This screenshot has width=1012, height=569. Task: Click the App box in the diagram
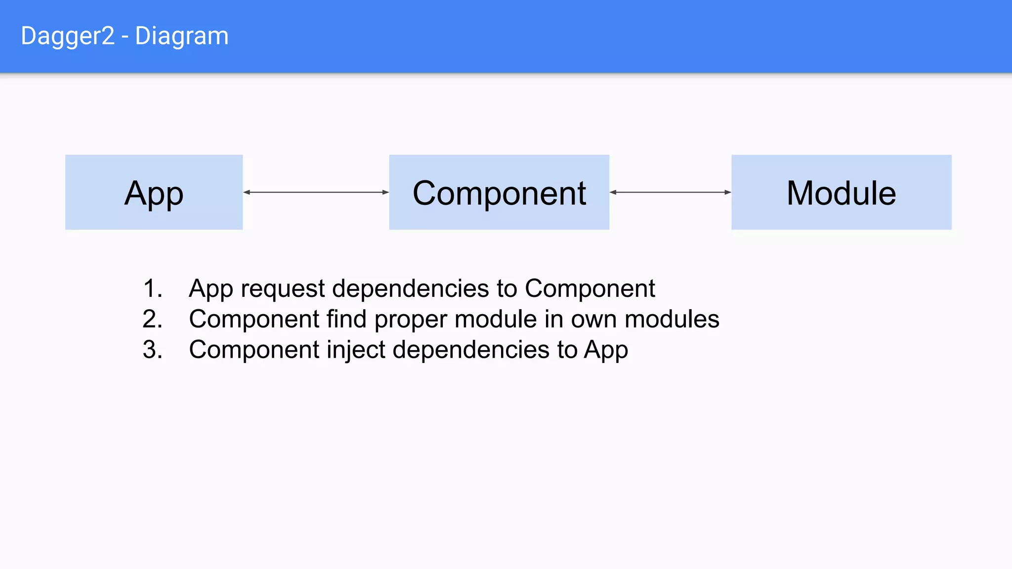pyautogui.click(x=154, y=192)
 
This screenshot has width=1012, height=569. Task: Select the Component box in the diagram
pyautogui.click(x=499, y=192)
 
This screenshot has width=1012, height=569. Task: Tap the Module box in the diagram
pyautogui.click(x=841, y=192)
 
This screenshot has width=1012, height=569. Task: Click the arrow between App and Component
pyautogui.click(x=316, y=192)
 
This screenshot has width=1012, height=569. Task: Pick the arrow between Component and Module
pyautogui.click(x=670, y=192)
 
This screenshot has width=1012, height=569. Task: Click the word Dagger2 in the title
pyautogui.click(x=68, y=36)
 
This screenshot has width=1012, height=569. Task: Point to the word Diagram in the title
pyautogui.click(x=182, y=36)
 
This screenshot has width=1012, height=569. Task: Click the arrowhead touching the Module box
pyautogui.click(x=727, y=192)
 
